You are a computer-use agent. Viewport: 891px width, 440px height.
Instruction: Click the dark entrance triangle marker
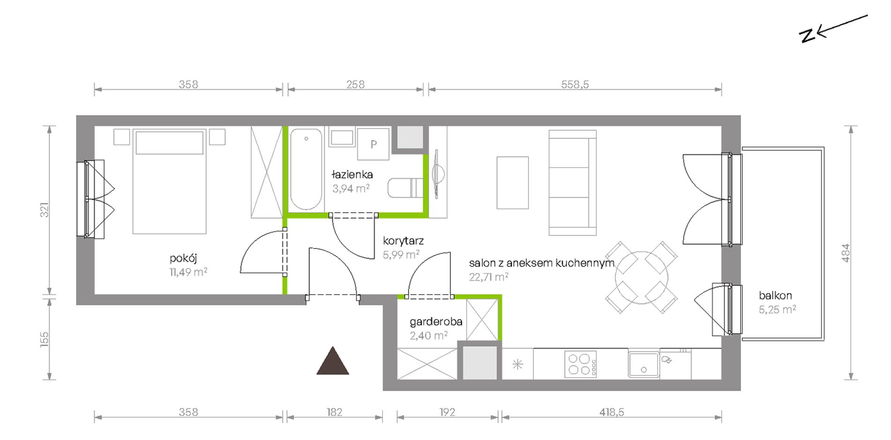(332, 361)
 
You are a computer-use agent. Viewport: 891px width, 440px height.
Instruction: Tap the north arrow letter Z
(807, 36)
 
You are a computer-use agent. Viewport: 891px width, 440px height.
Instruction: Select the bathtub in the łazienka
(306, 169)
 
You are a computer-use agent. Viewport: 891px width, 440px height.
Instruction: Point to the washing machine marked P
(373, 144)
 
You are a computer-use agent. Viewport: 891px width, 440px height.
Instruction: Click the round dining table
(641, 278)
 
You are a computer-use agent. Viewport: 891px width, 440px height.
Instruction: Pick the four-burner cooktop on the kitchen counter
(581, 364)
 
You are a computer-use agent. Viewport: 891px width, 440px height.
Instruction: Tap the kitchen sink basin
(643, 364)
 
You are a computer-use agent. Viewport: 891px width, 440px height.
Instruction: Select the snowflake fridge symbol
(518, 364)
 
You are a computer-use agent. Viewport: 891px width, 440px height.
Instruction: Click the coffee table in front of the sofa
(513, 182)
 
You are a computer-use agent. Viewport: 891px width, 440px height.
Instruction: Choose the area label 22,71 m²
(489, 277)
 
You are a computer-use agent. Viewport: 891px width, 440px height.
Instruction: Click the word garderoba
(436, 322)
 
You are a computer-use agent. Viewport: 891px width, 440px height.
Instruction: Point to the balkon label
(775, 296)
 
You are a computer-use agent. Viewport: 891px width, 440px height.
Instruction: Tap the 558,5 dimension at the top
(575, 84)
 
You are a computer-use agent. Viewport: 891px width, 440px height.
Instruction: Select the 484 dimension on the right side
(846, 253)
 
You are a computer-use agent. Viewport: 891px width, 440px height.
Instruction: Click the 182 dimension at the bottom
(334, 412)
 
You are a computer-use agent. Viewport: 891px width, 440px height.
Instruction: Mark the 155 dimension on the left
(44, 340)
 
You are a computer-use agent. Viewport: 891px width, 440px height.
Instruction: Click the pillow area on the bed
(169, 143)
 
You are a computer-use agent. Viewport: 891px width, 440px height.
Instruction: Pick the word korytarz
(403, 241)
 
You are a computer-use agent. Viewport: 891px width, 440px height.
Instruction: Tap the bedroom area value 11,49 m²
(189, 272)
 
